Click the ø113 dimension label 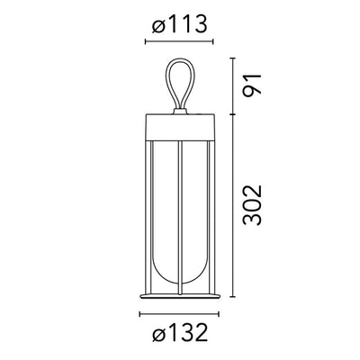(x=179, y=24)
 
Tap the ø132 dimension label (x=180, y=332)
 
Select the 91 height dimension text (x=253, y=85)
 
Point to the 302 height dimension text (x=253, y=205)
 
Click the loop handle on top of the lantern (x=180, y=84)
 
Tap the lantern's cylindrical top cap (x=180, y=127)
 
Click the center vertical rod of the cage (x=180, y=217)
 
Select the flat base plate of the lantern (x=179, y=296)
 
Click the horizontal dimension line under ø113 (x=179, y=41)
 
